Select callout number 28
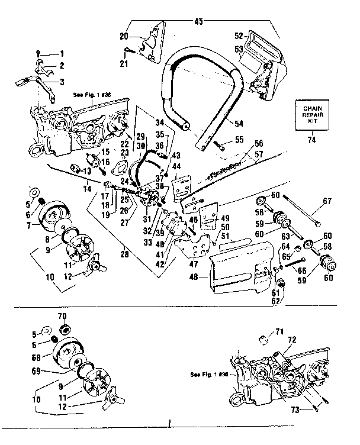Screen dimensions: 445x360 [x=123, y=255]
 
